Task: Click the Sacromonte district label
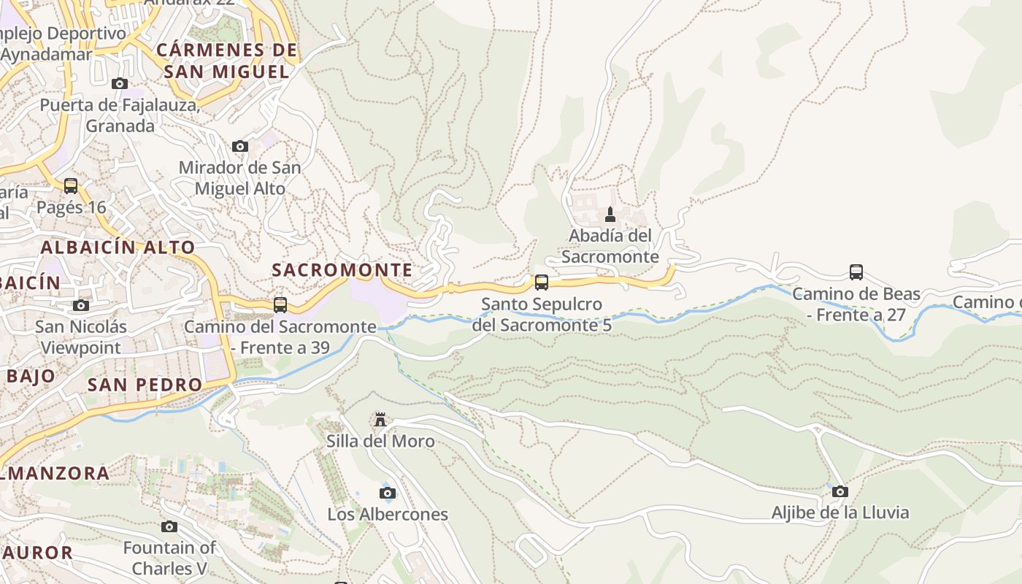click(342, 269)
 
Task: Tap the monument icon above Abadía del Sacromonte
click(610, 215)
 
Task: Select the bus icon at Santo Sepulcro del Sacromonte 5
click(541, 282)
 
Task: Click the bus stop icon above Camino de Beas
click(856, 272)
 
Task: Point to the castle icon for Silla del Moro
click(380, 419)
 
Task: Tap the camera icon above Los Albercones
click(388, 493)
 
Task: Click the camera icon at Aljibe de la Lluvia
click(840, 491)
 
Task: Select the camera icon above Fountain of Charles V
click(169, 526)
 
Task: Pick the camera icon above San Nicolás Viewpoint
click(81, 305)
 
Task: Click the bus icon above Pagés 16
click(71, 185)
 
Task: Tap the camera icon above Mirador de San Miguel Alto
click(239, 146)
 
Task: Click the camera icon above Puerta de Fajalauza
click(120, 83)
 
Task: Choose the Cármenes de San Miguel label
click(227, 61)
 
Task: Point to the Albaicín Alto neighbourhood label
click(118, 247)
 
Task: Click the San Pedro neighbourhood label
click(145, 384)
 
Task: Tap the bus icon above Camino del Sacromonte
click(280, 304)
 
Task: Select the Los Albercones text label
click(387, 514)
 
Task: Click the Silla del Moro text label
click(380, 441)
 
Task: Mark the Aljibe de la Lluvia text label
click(840, 512)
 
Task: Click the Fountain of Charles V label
click(169, 558)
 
